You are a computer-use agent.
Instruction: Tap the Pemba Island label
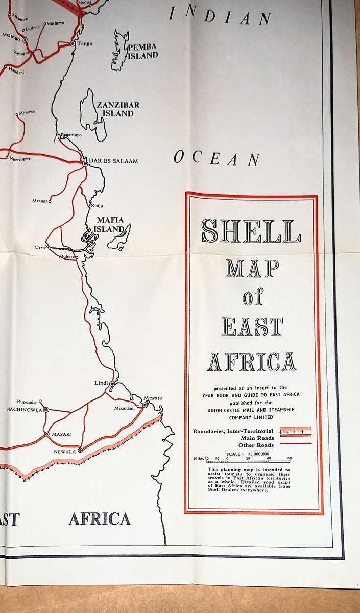click(143, 52)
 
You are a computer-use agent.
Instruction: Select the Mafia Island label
click(110, 225)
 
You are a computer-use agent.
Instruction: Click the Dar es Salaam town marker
click(85, 163)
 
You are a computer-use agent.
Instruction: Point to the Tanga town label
click(84, 44)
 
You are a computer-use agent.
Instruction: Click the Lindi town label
click(102, 383)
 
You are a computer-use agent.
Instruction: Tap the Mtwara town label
click(153, 398)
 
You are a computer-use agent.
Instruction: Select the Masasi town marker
click(46, 434)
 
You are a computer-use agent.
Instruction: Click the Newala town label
click(64, 452)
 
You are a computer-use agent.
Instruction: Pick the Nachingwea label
click(23, 409)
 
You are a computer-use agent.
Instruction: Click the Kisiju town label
click(97, 206)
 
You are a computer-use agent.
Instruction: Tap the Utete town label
click(41, 247)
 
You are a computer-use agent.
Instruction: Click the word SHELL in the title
click(251, 231)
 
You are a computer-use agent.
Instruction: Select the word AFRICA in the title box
click(251, 362)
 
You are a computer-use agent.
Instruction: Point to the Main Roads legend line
click(295, 437)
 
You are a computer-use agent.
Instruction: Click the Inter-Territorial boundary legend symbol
click(295, 431)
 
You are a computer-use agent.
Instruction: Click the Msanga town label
click(40, 201)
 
